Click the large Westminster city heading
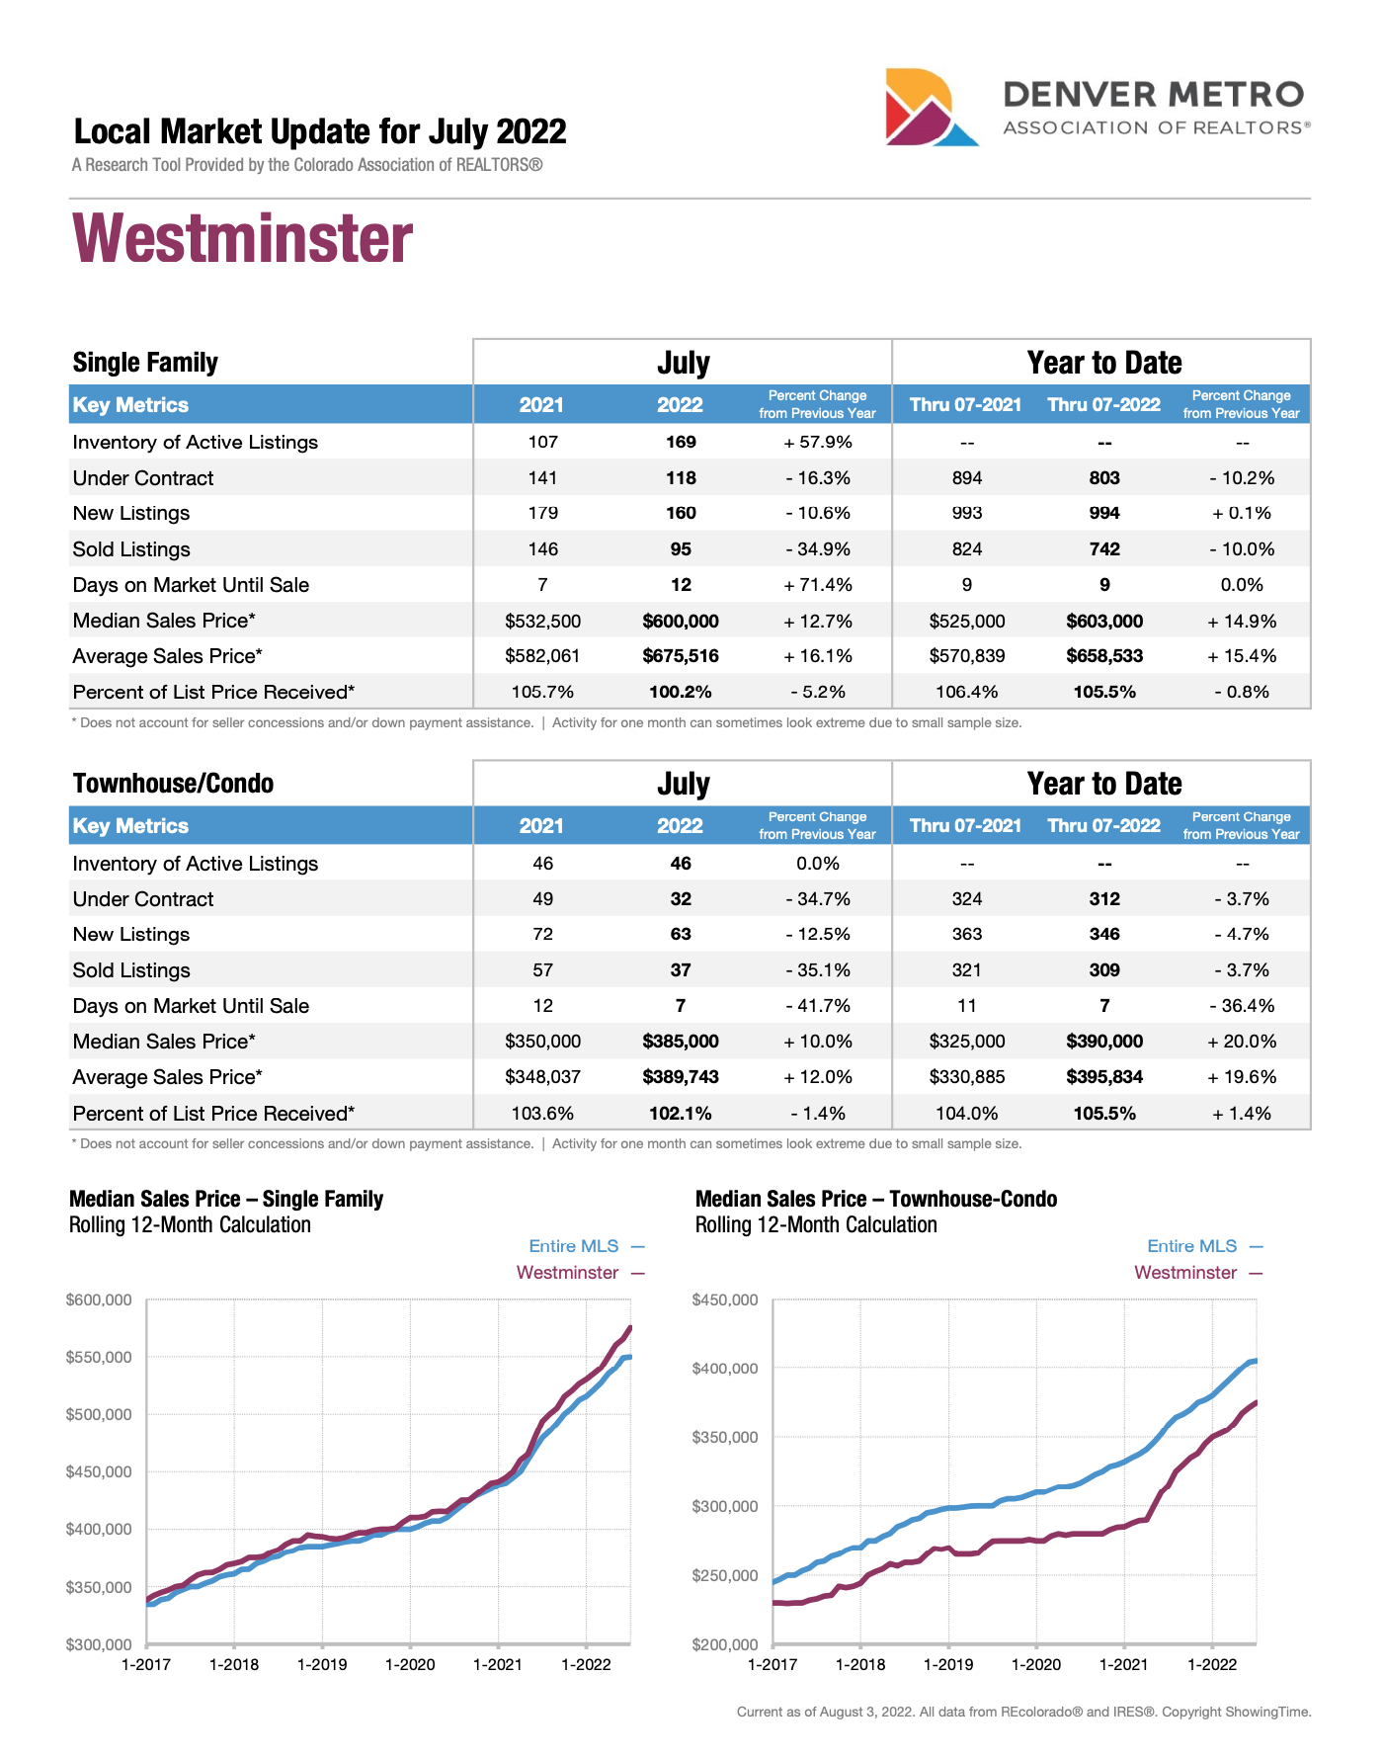coord(243,239)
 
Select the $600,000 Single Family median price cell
coord(681,621)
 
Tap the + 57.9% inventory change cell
coord(818,442)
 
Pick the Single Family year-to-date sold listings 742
coord(1103,549)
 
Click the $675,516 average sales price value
coord(681,656)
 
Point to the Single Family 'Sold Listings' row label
coord(131,549)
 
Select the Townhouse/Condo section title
coord(173,784)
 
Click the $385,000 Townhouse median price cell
coord(681,1042)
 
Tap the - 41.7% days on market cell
coord(818,1006)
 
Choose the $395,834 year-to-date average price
coord(1103,1077)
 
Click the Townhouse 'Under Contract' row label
coord(143,899)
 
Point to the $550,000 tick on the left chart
coord(99,1357)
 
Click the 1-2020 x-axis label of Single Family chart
coord(410,1664)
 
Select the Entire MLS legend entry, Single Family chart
coord(574,1246)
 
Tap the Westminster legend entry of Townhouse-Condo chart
coord(1185,1273)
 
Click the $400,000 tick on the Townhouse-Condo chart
coord(725,1369)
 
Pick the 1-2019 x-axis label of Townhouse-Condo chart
coord(948,1664)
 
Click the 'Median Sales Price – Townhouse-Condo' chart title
coord(875,1199)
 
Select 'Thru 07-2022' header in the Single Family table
coord(1103,404)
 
